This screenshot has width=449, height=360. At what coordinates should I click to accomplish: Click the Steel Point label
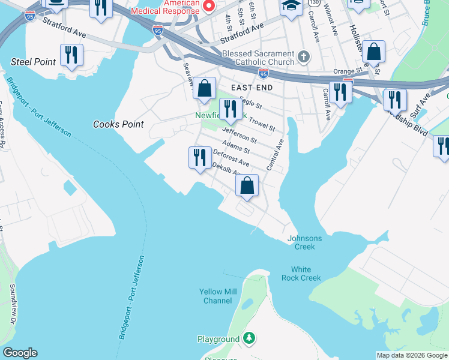[34, 62]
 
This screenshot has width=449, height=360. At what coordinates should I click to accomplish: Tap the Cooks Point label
[119, 124]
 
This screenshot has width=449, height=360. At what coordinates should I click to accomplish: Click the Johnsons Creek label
[304, 242]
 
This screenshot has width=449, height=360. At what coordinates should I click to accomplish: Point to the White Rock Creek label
[301, 274]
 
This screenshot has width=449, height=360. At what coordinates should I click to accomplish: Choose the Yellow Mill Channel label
[218, 296]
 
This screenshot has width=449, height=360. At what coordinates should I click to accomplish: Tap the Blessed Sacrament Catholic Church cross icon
[304, 58]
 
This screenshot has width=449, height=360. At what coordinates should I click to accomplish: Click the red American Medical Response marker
[209, 7]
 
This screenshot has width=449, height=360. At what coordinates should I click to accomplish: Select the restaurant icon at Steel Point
[72, 55]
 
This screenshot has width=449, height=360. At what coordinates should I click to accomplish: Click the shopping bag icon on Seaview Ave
[205, 88]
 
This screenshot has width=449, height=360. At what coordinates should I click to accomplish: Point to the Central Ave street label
[274, 155]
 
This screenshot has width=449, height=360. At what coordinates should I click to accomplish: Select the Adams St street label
[235, 146]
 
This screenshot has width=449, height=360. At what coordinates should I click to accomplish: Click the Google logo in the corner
[20, 353]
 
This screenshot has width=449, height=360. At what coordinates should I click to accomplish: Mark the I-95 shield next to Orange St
[264, 73]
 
